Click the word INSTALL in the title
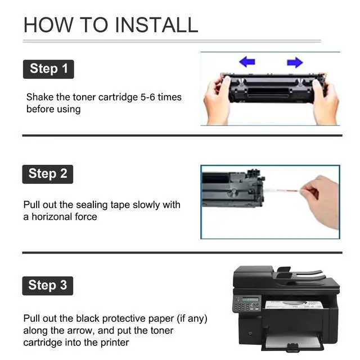[156, 25]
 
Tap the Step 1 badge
[48, 69]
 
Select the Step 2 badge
[47, 174]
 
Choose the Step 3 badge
[47, 286]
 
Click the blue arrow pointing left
[247, 62]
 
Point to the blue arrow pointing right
[295, 62]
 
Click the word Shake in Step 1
[40, 97]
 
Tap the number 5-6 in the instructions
[147, 97]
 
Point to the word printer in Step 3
[115, 343]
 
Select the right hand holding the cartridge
[325, 102]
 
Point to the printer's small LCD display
[250, 299]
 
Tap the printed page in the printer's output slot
[294, 305]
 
